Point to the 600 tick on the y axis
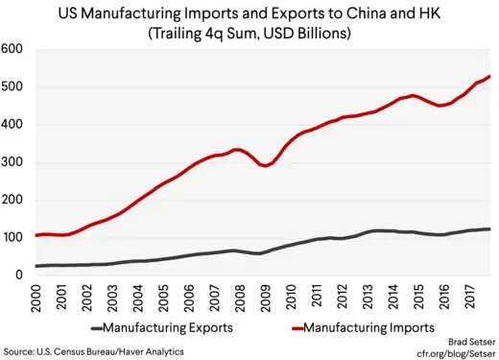tap(13, 50)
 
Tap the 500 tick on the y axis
tap(13, 87)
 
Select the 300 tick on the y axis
tap(13, 162)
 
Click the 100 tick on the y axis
tap(13, 237)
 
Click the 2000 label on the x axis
tap(36, 299)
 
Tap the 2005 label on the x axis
tap(163, 299)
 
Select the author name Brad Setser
tap(470, 341)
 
